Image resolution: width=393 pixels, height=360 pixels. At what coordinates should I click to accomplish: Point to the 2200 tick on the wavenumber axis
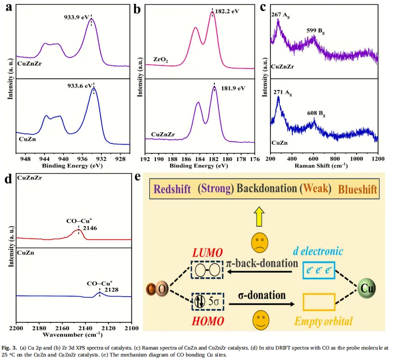coord(17,328)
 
